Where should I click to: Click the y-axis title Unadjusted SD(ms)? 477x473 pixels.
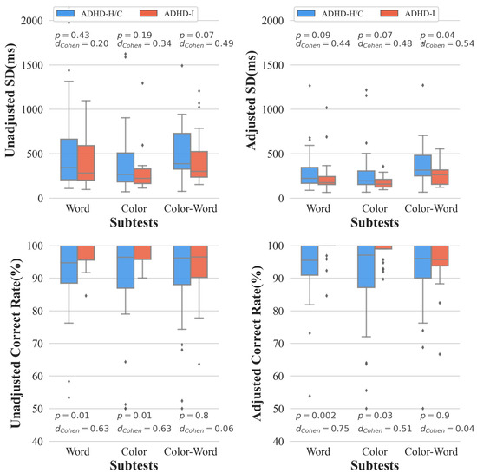pos(10,108)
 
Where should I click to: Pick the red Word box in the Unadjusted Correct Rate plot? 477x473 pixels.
pos(86,253)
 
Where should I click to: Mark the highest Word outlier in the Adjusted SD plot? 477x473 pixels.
pos(309,86)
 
